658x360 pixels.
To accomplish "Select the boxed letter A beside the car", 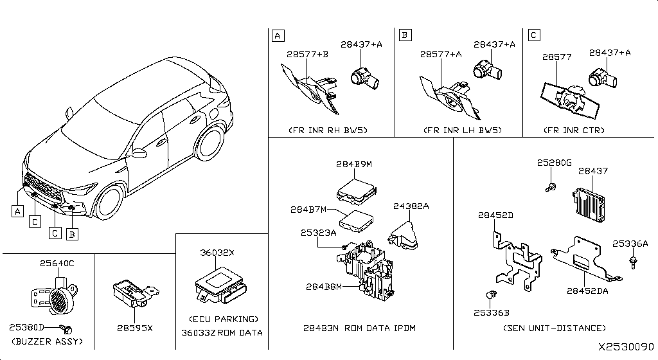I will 17,210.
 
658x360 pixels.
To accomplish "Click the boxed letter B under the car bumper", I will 73,234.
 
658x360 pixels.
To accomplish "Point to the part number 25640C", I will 57,263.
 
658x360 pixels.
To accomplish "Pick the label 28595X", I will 135,328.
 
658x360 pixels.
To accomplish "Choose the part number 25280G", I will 554,163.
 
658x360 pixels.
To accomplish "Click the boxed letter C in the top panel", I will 534,35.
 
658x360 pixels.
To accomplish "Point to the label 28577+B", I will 308,55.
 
